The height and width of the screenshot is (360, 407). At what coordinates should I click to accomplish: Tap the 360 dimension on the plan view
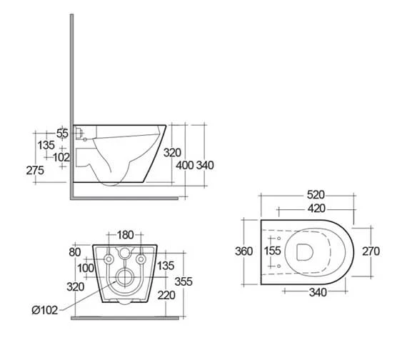[x=244, y=251]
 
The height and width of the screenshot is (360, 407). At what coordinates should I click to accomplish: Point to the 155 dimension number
[x=272, y=251]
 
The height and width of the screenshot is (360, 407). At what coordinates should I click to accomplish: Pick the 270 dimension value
[x=370, y=251]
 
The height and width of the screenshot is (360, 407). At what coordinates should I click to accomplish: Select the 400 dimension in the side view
[x=185, y=165]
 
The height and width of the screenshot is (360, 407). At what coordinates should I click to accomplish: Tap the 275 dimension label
[x=34, y=170]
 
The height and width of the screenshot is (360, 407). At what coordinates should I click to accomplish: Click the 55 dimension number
[x=62, y=133]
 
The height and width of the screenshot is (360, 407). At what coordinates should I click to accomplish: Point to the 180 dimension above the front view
[x=126, y=235]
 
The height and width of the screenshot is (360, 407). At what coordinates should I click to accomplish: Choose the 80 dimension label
[x=75, y=251]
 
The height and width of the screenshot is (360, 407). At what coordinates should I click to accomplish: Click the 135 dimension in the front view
[x=166, y=266]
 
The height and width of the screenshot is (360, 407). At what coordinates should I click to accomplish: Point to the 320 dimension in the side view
[x=171, y=152]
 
